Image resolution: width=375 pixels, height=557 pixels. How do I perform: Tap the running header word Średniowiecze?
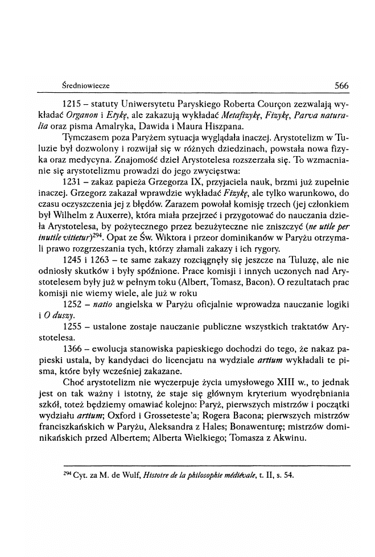pos(86,86)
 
